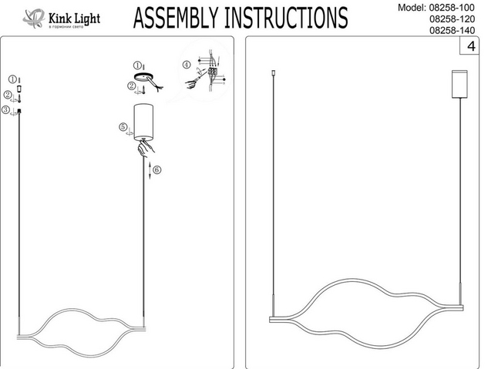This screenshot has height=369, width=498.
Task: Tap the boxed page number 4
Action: click(469, 48)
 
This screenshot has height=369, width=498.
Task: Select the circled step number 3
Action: click(6, 111)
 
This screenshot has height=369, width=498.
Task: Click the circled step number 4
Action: click(187, 65)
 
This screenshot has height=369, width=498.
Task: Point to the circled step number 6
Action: click(156, 169)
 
